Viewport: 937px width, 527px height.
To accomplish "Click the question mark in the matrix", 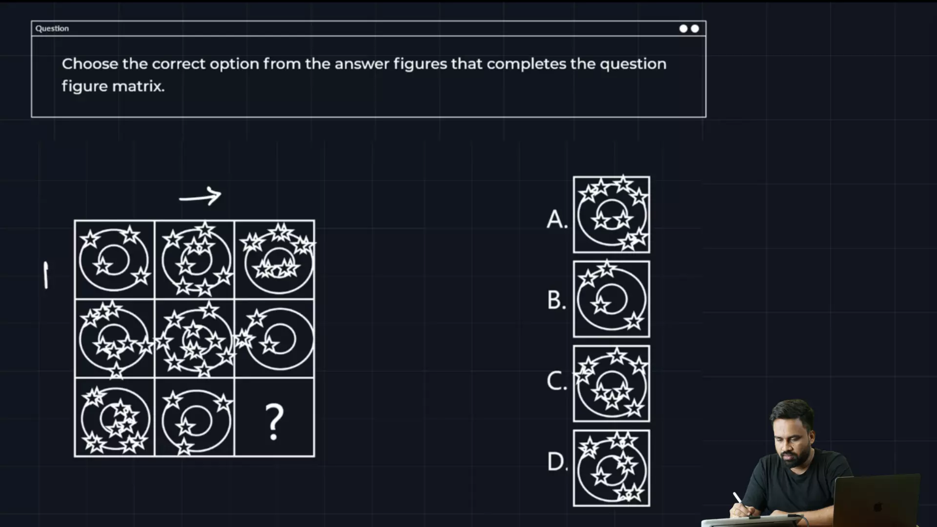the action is point(274,422).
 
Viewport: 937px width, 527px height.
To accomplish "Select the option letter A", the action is point(557,220).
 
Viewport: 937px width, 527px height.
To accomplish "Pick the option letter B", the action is point(556,300).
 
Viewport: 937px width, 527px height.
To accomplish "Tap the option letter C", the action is point(557,381).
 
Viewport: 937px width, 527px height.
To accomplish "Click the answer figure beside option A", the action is point(611,215).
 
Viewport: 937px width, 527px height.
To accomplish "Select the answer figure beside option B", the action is point(611,299).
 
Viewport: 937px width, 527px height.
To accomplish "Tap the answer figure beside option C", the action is point(611,384).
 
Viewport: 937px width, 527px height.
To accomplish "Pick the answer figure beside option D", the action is point(611,468).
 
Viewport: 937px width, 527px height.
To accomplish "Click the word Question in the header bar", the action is point(52,28).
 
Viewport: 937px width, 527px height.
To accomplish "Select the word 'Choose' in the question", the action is point(90,64).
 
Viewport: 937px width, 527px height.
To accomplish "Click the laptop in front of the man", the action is point(876,500).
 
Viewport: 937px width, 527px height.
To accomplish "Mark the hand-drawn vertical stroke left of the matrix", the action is point(46,275).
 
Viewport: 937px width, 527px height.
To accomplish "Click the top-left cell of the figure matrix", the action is point(114,259).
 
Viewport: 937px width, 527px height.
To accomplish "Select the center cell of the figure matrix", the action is point(194,339).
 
